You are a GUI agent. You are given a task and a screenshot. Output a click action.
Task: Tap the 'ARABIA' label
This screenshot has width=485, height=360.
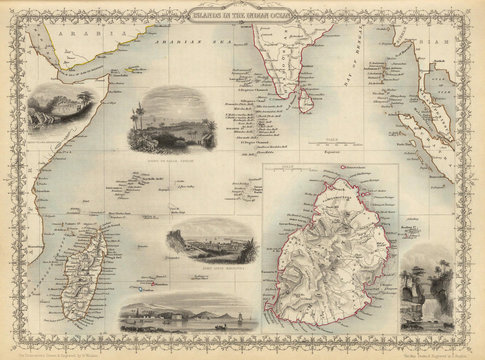click(76, 35)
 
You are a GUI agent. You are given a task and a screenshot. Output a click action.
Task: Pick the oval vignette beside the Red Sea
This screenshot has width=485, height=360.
click(55, 115)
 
